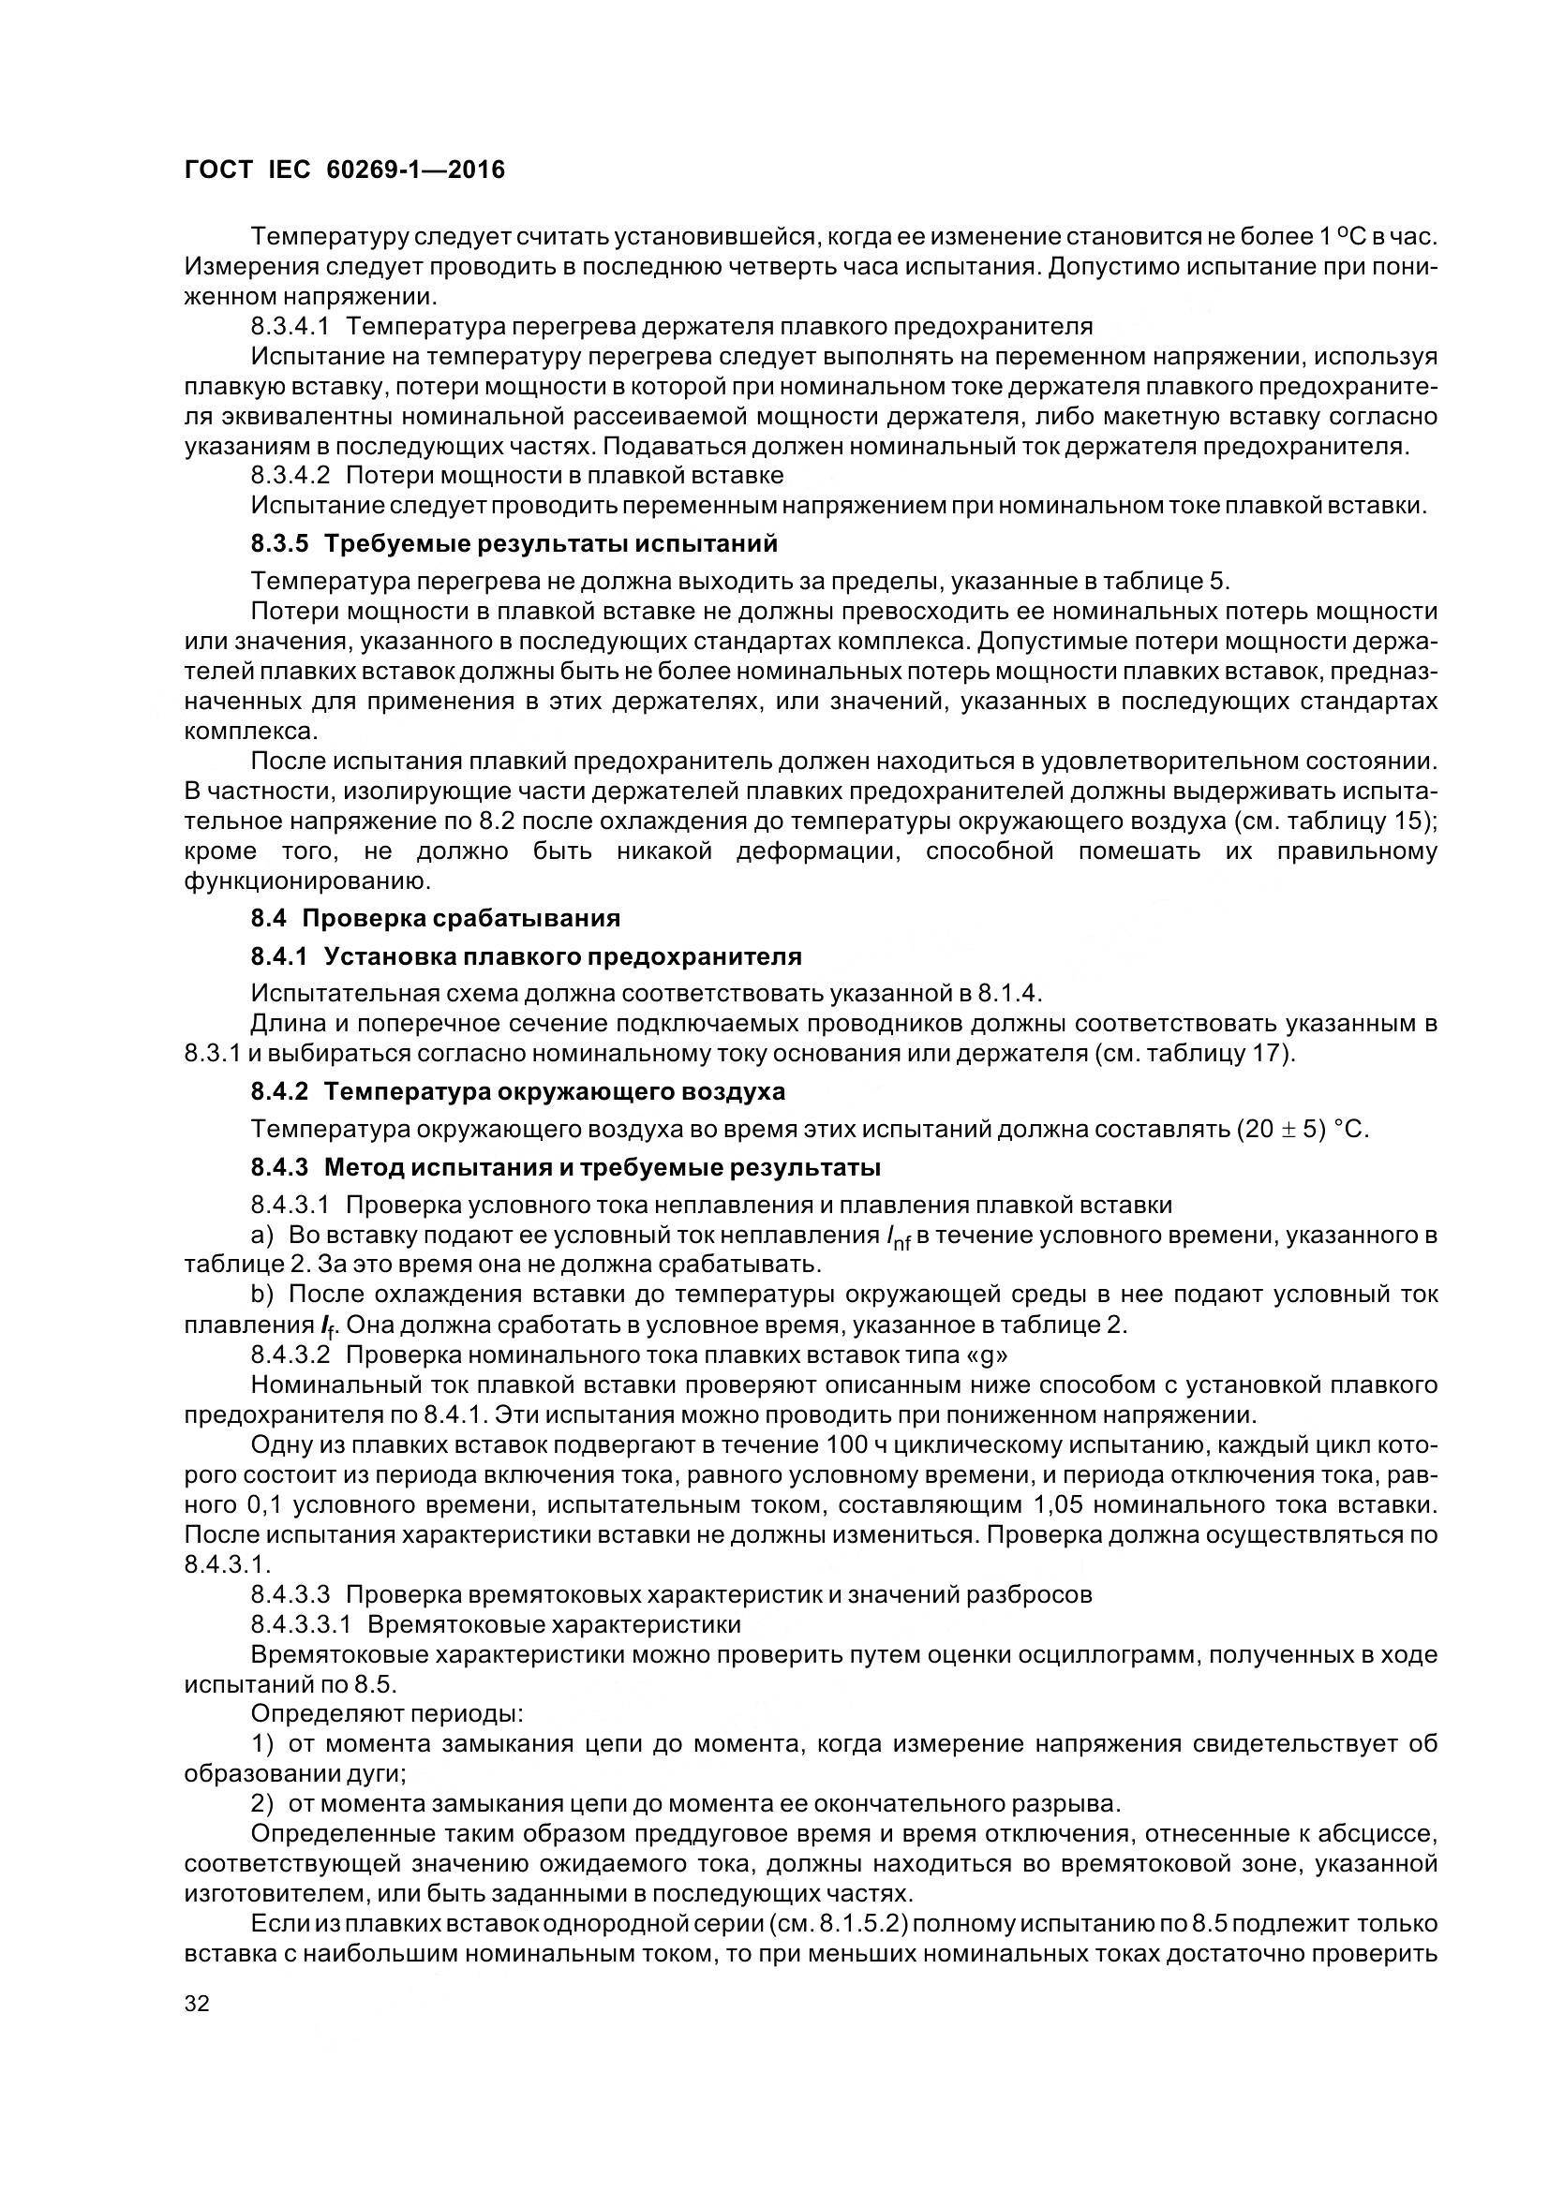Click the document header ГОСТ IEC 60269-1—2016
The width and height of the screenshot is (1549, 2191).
[344, 170]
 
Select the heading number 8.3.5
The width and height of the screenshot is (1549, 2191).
[281, 544]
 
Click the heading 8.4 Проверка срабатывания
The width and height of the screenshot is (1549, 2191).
[435, 918]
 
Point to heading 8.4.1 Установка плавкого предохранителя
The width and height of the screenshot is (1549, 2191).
[526, 956]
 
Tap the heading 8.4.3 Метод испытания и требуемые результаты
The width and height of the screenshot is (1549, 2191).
[565, 1167]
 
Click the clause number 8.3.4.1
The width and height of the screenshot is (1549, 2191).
[290, 326]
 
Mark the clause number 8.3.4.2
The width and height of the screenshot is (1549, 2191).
[290, 474]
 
